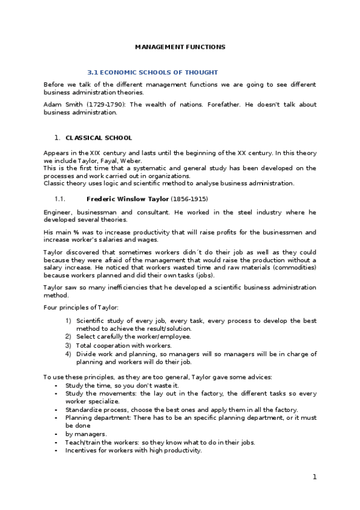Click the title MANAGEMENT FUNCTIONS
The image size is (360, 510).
[180, 46]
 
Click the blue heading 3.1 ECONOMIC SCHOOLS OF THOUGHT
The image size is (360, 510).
[153, 72]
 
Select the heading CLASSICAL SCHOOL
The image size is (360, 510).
[99, 138]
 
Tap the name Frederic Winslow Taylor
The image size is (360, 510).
[128, 198]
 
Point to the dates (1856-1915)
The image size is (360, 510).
[190, 198]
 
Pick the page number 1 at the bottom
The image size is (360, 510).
[314, 477]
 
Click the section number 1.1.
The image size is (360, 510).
[59, 198]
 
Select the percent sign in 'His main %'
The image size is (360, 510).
[78, 232]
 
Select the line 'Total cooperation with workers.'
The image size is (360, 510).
[123, 346]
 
